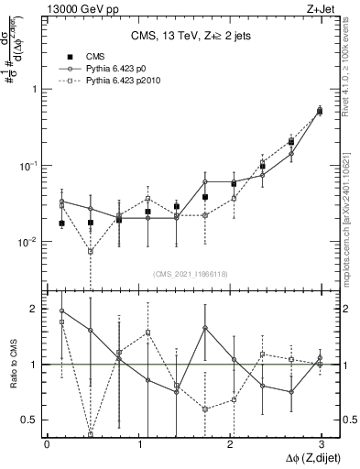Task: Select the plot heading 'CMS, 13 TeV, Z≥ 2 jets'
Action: click(182, 36)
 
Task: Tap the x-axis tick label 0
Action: click(47, 444)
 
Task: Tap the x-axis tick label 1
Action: click(138, 444)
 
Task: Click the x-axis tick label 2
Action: click(229, 444)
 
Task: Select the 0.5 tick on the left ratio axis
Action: click(30, 420)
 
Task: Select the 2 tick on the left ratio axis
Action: click(35, 309)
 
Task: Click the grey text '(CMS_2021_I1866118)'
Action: click(190, 274)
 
